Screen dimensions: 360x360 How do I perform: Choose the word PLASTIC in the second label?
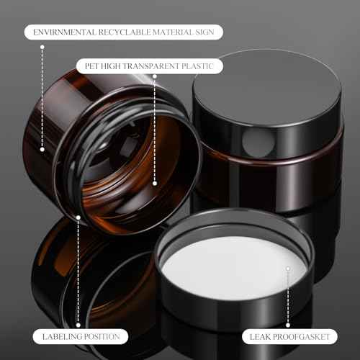point(201,66)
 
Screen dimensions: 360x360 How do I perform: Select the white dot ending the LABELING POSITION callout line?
point(78,216)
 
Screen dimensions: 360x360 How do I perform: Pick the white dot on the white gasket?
point(288,269)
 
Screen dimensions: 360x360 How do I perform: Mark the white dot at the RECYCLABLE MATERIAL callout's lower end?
point(43,149)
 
